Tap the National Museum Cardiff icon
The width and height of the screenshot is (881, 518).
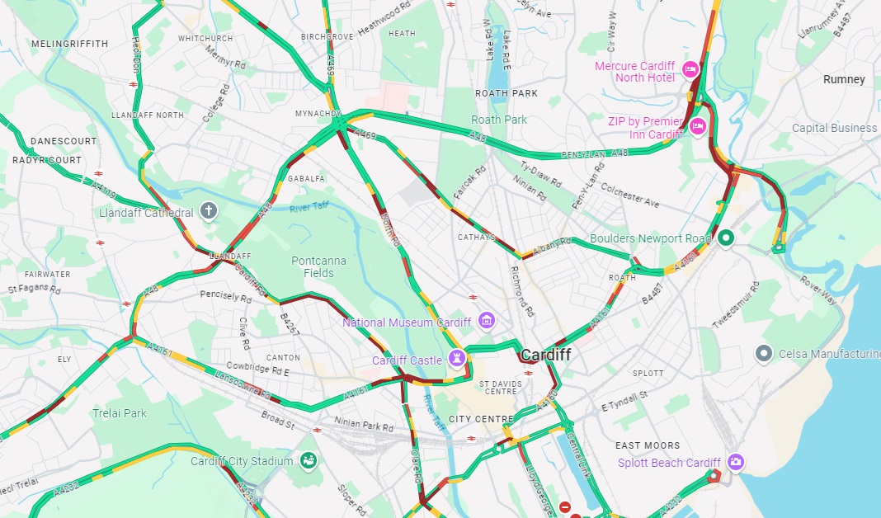click(x=486, y=320)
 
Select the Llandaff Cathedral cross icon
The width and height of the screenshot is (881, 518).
click(x=210, y=211)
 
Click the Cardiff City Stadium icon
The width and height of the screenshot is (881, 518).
click(x=308, y=459)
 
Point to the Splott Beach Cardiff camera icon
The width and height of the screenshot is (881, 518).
click(x=736, y=462)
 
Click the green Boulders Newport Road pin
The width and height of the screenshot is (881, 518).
click(x=726, y=238)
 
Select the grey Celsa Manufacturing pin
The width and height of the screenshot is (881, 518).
click(x=764, y=354)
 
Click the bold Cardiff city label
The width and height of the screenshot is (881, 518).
click(x=545, y=355)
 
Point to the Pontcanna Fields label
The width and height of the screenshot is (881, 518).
click(x=319, y=266)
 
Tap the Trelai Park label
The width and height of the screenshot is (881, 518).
click(x=119, y=412)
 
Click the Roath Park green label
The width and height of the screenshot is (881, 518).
click(x=498, y=120)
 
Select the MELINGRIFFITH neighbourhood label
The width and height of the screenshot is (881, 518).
click(x=69, y=43)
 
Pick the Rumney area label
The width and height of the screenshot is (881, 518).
click(x=844, y=79)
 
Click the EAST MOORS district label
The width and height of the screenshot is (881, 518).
click(x=648, y=445)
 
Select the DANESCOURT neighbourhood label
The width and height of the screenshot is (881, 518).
click(x=64, y=141)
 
